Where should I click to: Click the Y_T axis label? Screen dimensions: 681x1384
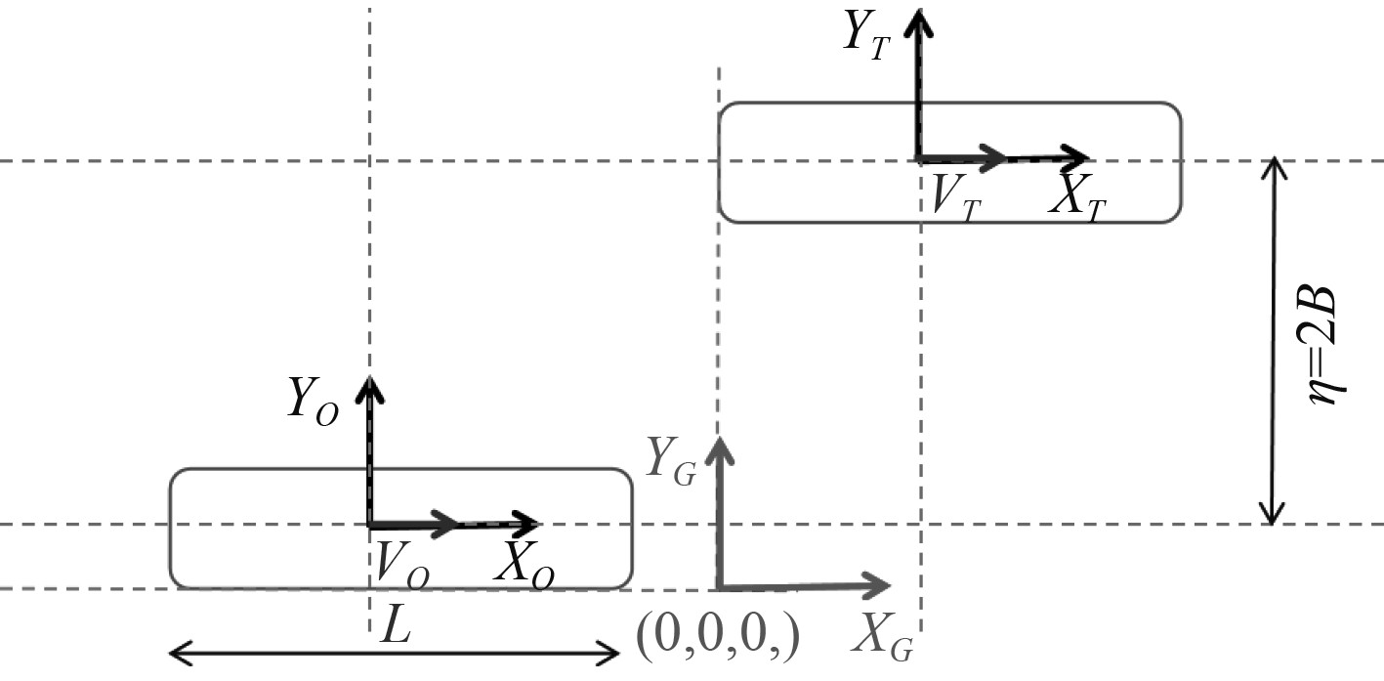[866, 35]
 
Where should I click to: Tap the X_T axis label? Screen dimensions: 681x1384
[1077, 197]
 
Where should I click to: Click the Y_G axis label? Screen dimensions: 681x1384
[671, 460]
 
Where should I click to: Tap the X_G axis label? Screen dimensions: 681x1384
[884, 638]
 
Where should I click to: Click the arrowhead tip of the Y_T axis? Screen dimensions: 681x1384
[916, 10]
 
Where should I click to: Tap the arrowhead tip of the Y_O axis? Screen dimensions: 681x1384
[369, 377]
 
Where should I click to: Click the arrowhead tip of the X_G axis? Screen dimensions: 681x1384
[890, 586]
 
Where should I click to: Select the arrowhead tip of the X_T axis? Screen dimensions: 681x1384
[1088, 157]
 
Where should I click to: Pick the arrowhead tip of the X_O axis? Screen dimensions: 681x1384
[540, 524]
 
